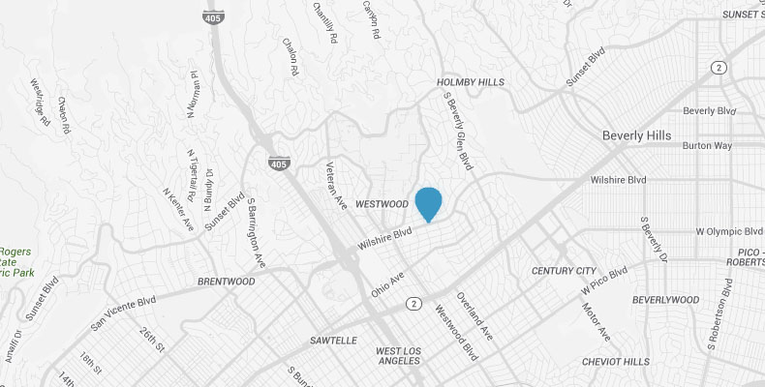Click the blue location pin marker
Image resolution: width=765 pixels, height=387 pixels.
click(x=428, y=203)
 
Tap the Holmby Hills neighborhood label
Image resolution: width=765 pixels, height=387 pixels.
click(x=472, y=83)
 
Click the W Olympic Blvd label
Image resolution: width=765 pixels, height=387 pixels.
click(x=729, y=232)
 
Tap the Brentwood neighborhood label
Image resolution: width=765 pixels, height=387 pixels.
click(x=226, y=281)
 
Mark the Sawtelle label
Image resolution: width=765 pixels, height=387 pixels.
click(x=333, y=341)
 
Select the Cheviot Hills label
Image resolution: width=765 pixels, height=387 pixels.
click(x=615, y=361)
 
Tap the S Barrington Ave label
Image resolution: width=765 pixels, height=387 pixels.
click(x=255, y=233)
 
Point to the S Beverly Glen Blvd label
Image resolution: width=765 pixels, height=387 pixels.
click(x=459, y=131)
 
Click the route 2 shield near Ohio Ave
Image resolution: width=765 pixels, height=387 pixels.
click(x=414, y=304)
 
